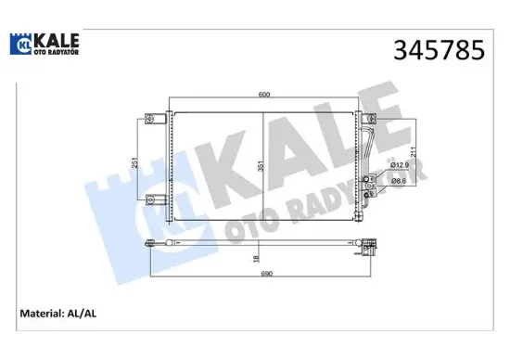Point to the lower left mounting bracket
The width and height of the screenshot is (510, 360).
151,198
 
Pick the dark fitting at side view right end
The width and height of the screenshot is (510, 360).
369,249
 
